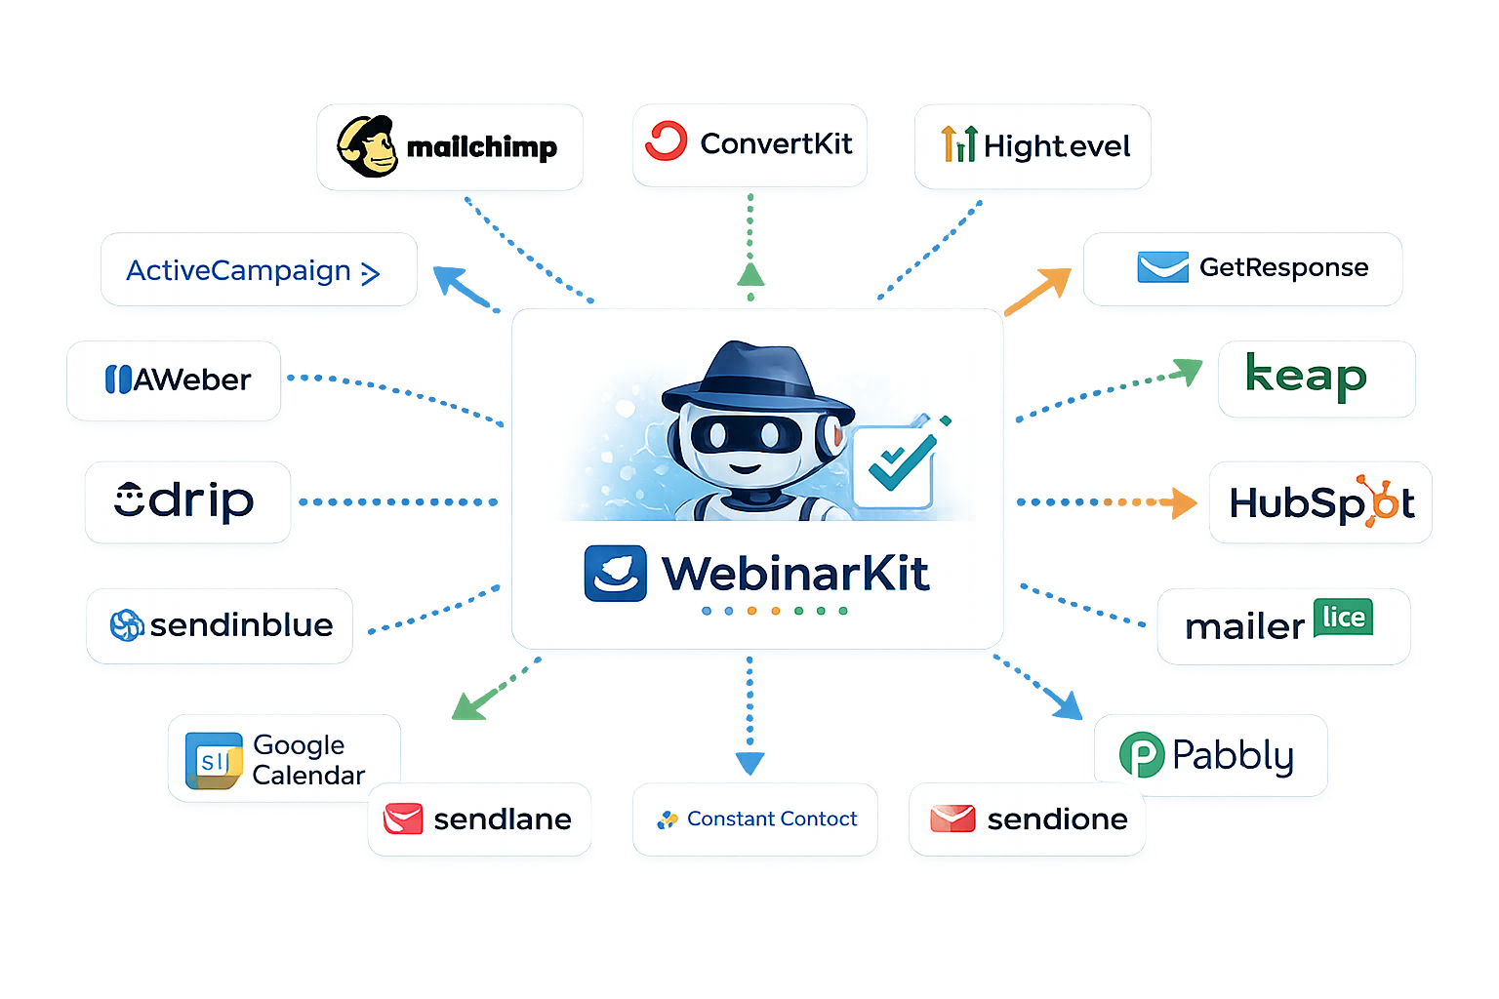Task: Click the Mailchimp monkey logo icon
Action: point(367,147)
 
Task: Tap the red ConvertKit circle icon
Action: point(667,141)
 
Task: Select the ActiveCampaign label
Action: point(239,270)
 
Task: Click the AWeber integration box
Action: point(174,380)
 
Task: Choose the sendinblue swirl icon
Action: point(127,624)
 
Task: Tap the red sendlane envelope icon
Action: point(403,819)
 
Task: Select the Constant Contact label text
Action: point(771,819)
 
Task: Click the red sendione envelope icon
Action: point(952,819)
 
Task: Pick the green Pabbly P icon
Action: point(1141,755)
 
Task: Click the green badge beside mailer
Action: point(1343,618)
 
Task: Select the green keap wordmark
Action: point(1306,377)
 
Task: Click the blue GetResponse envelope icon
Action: point(1162,267)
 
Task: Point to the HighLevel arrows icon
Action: point(958,144)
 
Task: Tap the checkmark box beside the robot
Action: point(894,464)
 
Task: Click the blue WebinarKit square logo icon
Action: point(615,573)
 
